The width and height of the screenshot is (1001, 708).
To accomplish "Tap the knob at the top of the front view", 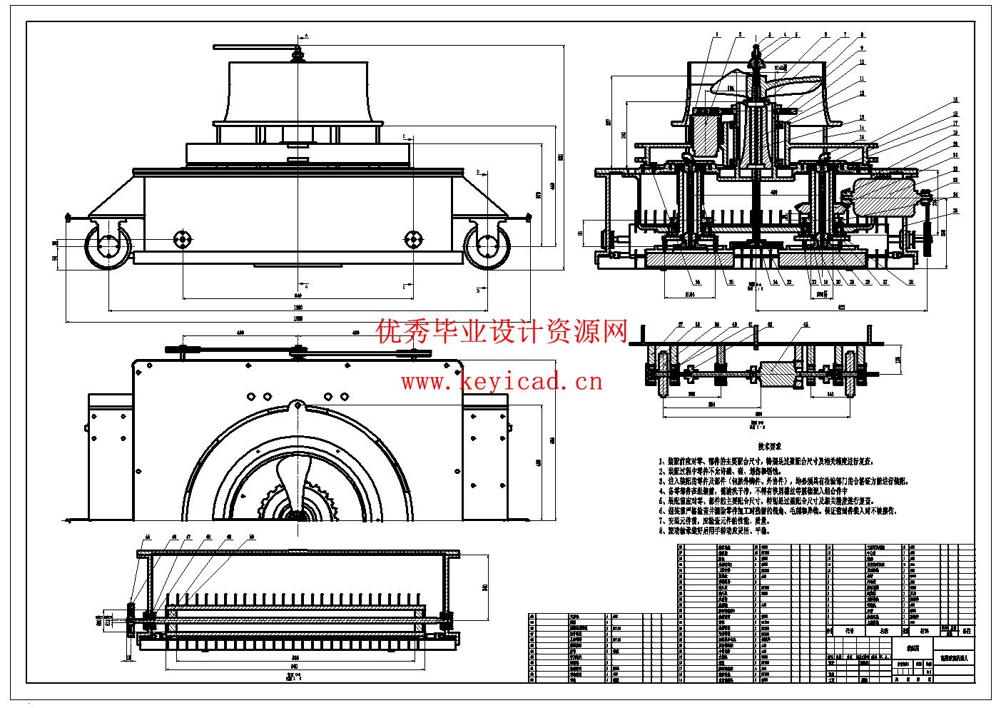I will coord(298,53).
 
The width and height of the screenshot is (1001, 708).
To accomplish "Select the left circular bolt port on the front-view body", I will coord(183,238).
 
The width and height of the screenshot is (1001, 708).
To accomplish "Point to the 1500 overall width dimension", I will coord(299,318).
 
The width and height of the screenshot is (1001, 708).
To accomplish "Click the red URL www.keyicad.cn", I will coord(501,382).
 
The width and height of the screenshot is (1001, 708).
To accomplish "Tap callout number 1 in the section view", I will coord(714,34).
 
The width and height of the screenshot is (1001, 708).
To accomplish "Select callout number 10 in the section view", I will coord(861,62).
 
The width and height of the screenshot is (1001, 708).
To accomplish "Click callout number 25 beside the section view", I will coord(955,211).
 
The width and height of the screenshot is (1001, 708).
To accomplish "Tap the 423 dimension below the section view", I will coord(841,307).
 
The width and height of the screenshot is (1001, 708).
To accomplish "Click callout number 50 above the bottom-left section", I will coord(252,536).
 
